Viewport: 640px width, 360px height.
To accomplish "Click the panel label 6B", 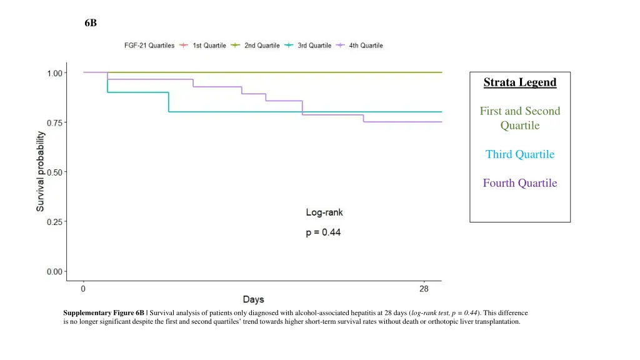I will [x=91, y=23].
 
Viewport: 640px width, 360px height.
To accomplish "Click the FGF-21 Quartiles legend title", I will [x=148, y=46].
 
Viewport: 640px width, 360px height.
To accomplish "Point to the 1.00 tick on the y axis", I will [x=54, y=72].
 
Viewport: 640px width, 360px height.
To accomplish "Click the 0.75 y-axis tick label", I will [x=54, y=122].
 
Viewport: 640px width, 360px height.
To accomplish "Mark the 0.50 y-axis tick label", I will [x=54, y=172].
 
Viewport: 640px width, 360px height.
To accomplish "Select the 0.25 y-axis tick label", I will [x=54, y=222].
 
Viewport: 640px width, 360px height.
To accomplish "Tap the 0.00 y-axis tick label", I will [x=54, y=271].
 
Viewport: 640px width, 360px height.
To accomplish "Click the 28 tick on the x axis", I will [x=424, y=289].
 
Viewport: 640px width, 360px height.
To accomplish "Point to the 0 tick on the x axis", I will [x=83, y=289].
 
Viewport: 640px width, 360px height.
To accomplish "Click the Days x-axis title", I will [x=253, y=300].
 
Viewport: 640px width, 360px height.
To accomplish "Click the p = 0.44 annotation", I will [x=322, y=233].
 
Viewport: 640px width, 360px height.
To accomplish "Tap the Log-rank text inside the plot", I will [x=324, y=212].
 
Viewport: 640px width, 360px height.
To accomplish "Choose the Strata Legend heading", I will [x=519, y=82].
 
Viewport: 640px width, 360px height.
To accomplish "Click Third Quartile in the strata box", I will [x=519, y=154].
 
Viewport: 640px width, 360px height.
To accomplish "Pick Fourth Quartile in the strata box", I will [x=519, y=183].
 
